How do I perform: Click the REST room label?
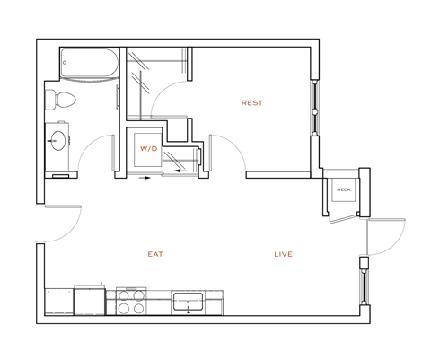point(252,103)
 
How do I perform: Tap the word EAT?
point(155,255)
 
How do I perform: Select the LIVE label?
point(283,255)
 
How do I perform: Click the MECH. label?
point(342,190)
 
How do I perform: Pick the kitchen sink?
point(189,301)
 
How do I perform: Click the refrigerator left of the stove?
point(89,301)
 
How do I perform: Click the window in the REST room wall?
point(314,109)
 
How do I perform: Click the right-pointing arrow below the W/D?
point(145,177)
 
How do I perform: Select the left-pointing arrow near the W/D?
point(179,168)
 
